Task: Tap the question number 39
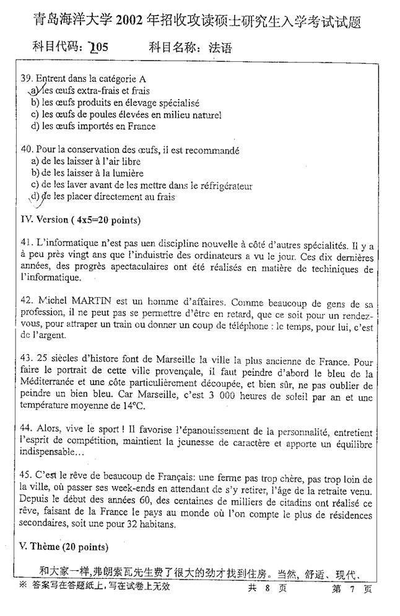(26, 79)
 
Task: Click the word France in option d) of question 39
(142, 126)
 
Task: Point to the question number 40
(26, 150)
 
